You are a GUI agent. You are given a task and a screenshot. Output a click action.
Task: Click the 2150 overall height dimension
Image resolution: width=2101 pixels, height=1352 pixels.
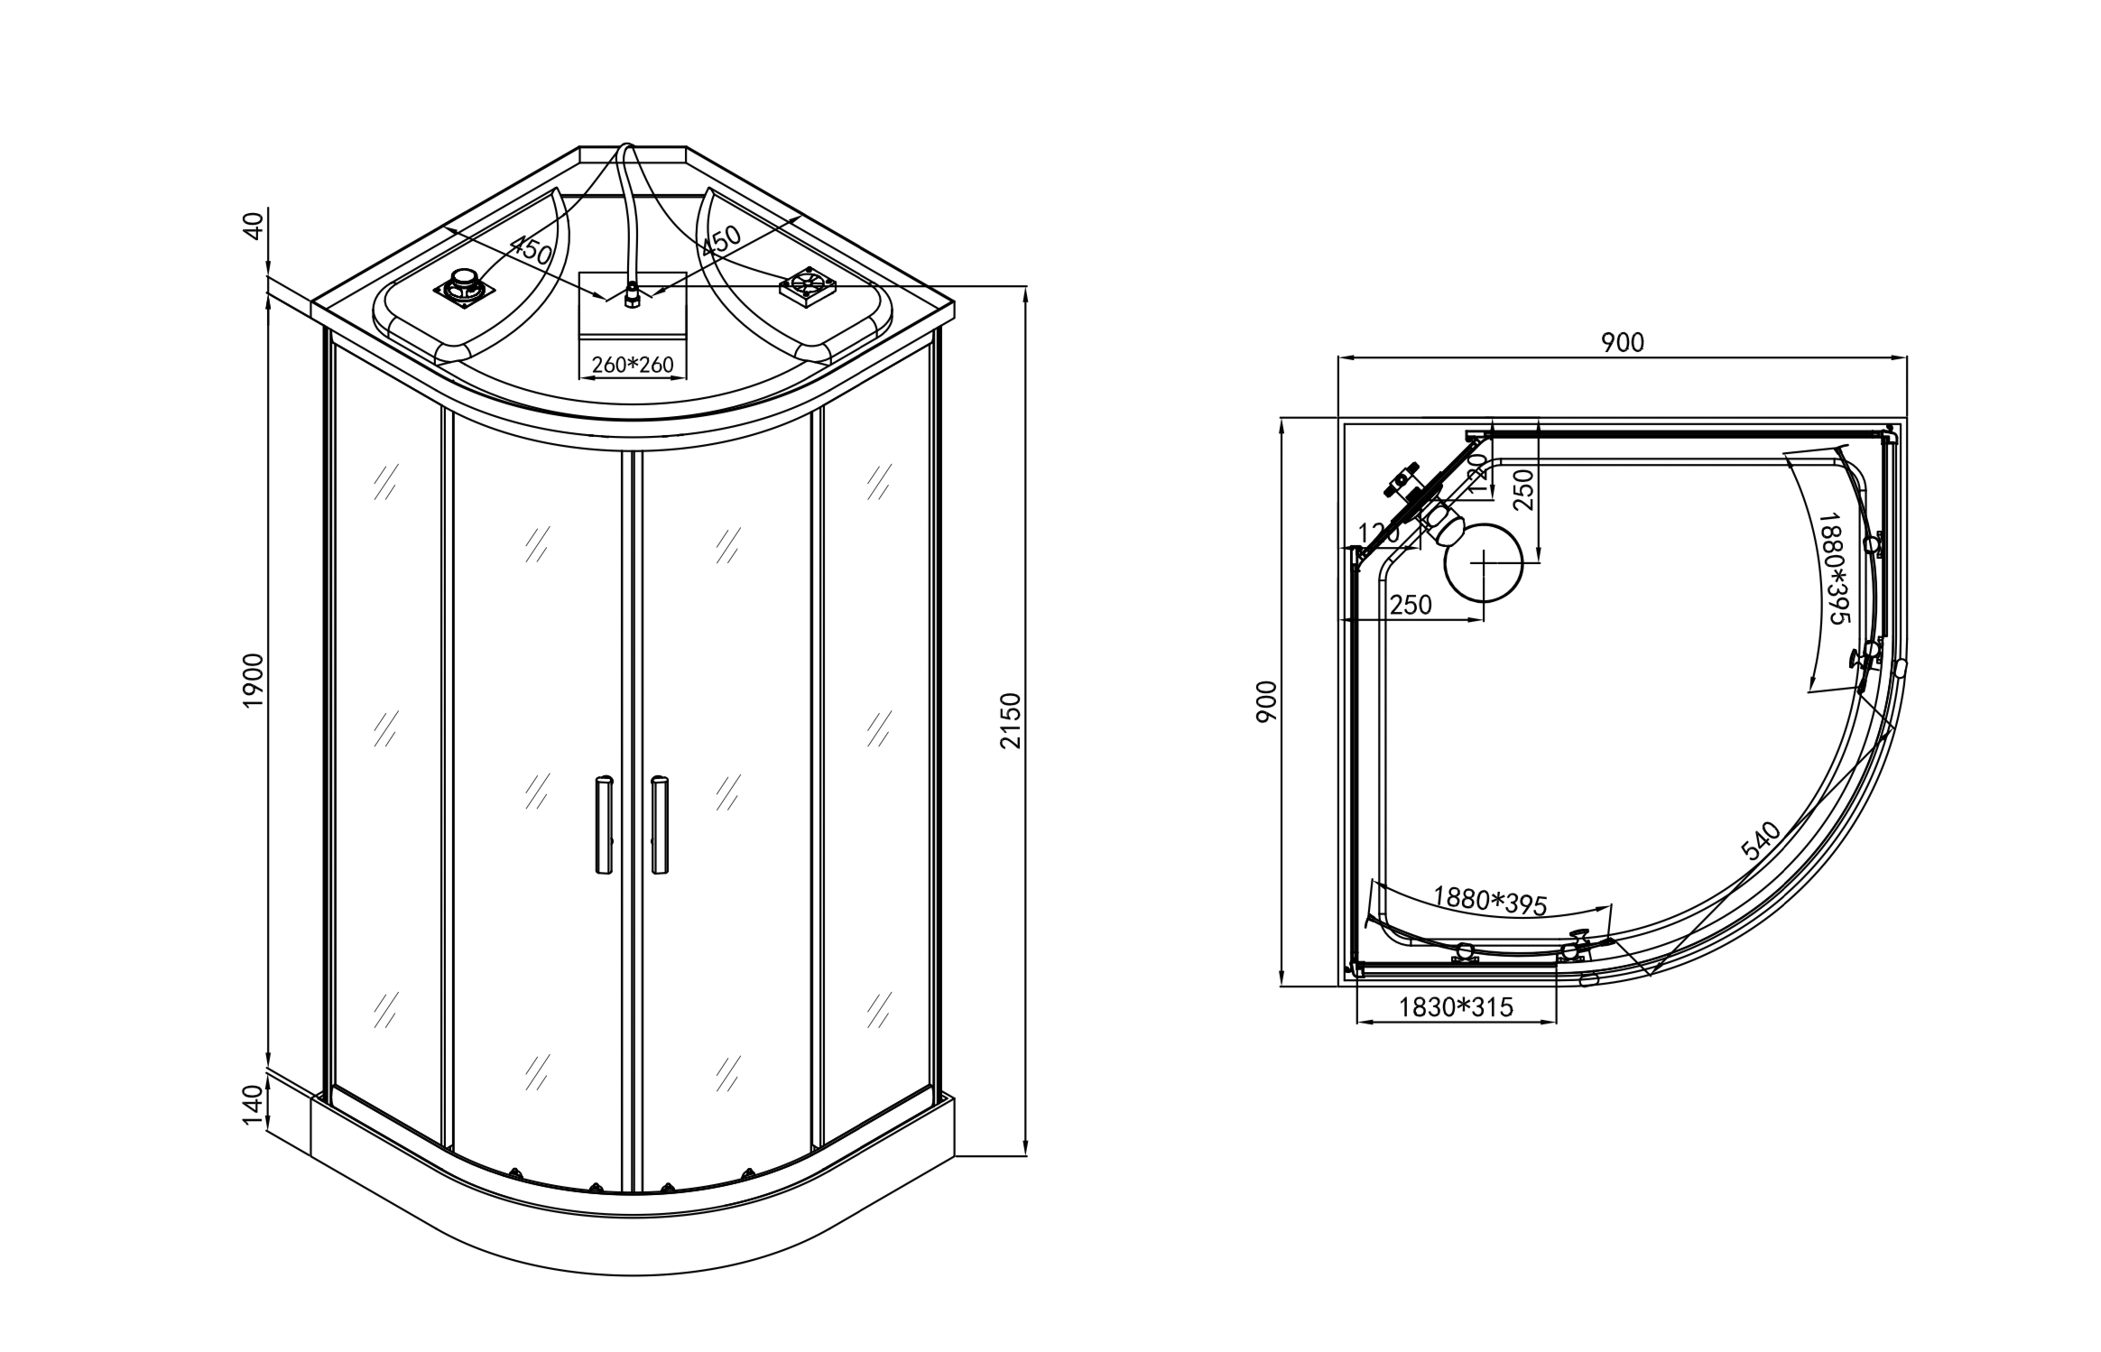tap(1010, 720)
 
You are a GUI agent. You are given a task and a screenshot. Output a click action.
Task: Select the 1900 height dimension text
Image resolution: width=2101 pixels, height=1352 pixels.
tap(254, 680)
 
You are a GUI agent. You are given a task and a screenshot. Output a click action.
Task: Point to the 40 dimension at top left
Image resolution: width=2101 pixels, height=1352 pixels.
tap(254, 224)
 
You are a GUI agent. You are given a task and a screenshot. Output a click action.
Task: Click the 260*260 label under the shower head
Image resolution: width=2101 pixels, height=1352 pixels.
tap(632, 365)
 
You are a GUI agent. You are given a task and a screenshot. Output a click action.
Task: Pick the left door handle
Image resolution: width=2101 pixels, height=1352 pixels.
tap(604, 823)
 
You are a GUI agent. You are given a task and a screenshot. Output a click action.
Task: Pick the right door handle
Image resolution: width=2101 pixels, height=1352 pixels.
tap(660, 823)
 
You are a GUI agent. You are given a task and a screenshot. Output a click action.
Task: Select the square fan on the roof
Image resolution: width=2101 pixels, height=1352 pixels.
tap(808, 285)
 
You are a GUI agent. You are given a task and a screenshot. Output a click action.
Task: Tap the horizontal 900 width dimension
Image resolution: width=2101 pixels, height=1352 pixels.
tap(1623, 343)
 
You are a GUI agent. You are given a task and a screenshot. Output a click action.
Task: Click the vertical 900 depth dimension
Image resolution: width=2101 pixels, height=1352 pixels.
tap(1267, 700)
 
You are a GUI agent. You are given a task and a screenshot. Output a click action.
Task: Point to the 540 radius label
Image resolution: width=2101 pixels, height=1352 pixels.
tap(1761, 840)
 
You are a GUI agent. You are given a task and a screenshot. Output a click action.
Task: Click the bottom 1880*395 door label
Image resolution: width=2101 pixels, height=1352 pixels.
tap(1490, 900)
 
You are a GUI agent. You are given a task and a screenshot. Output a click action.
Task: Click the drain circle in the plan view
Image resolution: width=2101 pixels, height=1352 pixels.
tap(1483, 562)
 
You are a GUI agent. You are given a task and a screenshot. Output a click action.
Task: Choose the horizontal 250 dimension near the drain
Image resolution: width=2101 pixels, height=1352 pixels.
tap(1411, 606)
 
